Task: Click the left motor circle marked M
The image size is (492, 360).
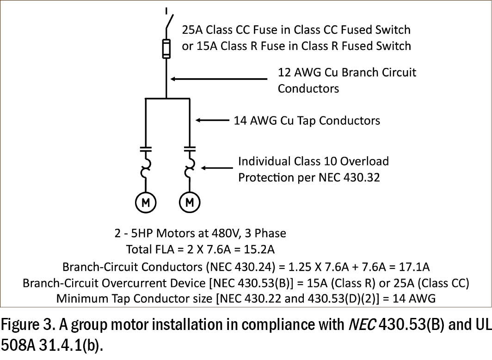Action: click(146, 202)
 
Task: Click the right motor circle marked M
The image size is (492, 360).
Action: click(190, 202)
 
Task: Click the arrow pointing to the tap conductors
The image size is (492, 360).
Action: click(213, 120)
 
